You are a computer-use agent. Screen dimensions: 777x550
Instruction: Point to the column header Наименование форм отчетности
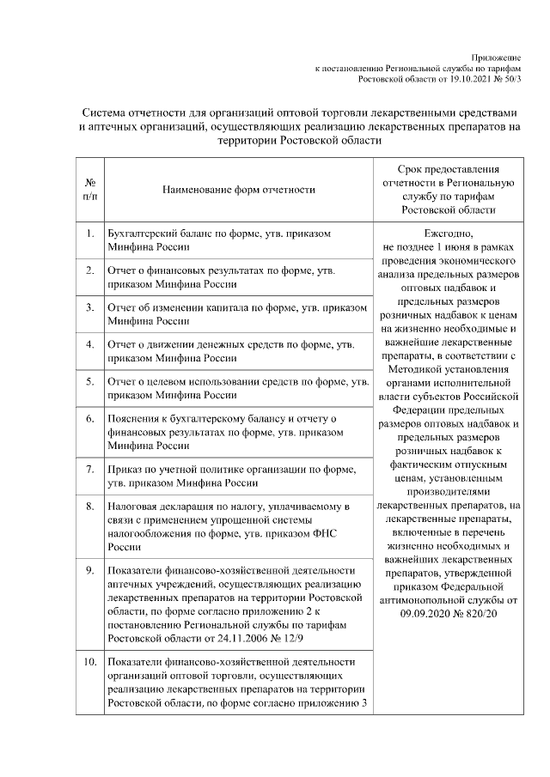(234, 189)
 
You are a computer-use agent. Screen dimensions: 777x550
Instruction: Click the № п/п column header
(90, 189)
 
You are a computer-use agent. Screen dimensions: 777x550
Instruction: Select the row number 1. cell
(90, 233)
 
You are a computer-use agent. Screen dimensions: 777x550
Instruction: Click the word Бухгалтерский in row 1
(141, 233)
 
